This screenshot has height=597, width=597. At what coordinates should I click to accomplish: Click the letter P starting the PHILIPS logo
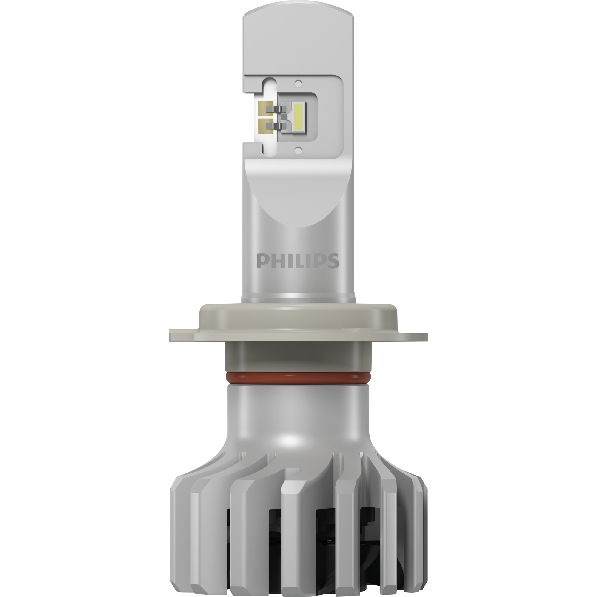261,261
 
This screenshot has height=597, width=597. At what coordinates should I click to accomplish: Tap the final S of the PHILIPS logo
334,261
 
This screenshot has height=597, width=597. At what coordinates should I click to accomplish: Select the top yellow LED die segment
298,109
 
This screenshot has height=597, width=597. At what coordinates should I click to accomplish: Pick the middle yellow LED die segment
298,117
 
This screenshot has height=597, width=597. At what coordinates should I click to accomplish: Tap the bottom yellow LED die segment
298,125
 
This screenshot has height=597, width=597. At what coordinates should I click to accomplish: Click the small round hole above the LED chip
298,84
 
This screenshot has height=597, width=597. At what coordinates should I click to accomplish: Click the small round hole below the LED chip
298,150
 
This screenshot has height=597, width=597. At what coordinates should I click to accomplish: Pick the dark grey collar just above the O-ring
298,358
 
